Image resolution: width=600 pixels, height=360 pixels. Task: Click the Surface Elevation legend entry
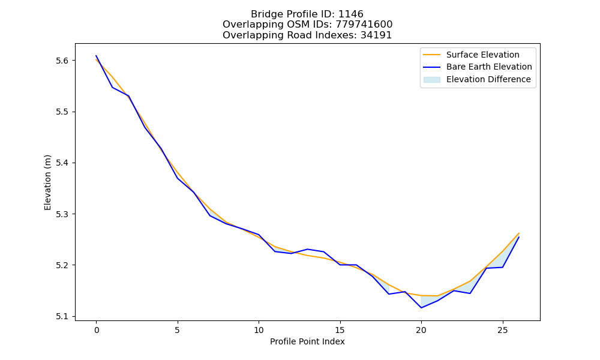471,55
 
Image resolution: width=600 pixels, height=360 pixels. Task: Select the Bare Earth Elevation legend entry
478,67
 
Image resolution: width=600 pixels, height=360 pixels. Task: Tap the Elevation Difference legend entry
477,79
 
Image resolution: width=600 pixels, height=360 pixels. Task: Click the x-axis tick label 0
97,330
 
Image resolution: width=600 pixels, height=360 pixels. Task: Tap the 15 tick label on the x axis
340,330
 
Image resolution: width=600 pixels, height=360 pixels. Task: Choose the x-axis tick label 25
502,330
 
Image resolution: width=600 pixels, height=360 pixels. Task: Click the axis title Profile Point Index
307,341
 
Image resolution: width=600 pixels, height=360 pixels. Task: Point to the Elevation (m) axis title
47,182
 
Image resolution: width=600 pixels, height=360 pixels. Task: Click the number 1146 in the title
351,14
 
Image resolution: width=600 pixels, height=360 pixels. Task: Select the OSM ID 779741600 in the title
364,25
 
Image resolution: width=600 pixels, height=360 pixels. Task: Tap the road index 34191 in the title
376,35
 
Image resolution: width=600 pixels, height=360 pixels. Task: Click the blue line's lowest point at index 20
421,308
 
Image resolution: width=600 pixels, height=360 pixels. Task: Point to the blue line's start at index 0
96,55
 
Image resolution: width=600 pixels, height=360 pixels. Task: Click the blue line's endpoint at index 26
519,237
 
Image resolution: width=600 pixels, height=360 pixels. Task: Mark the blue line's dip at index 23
470,293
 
